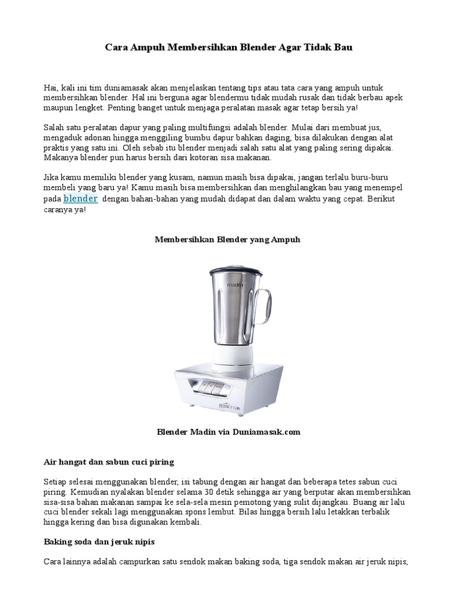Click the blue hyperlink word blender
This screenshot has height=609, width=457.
point(80,199)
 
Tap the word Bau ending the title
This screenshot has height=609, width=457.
point(343,47)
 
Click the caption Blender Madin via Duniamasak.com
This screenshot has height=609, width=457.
point(228,432)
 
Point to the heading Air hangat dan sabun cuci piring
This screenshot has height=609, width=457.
point(108,462)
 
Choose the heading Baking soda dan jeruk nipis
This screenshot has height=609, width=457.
point(99,542)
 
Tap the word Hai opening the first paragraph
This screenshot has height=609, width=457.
point(51,88)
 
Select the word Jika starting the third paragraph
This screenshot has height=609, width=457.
point(52,177)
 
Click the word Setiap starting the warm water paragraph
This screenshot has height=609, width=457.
point(56,481)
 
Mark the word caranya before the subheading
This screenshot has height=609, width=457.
point(60,210)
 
